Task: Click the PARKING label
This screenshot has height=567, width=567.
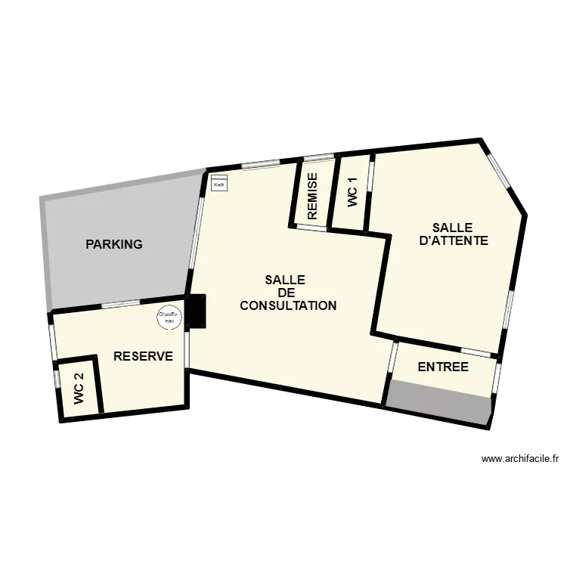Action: [x=114, y=244]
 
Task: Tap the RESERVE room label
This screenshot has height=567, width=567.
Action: [x=143, y=356]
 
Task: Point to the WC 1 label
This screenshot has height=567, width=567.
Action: [x=352, y=192]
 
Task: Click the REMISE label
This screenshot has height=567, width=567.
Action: [x=312, y=197]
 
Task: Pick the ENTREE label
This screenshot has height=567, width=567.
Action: [x=443, y=367]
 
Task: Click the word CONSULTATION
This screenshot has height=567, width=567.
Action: [x=287, y=306]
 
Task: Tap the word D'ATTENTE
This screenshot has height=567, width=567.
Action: [x=453, y=241]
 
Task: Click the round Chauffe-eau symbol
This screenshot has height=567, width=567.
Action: [x=169, y=318]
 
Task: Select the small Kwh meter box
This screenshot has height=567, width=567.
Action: [x=220, y=184]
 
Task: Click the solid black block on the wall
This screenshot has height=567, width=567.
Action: [x=197, y=311]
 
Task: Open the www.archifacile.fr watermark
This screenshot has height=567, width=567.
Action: [x=519, y=458]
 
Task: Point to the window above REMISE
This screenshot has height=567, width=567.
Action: [x=318, y=157]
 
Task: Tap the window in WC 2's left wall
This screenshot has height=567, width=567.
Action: [x=56, y=378]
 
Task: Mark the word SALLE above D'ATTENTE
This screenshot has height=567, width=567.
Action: [x=452, y=228]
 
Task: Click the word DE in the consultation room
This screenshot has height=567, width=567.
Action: [x=286, y=293]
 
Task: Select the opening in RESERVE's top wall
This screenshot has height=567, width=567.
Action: [x=121, y=304]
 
